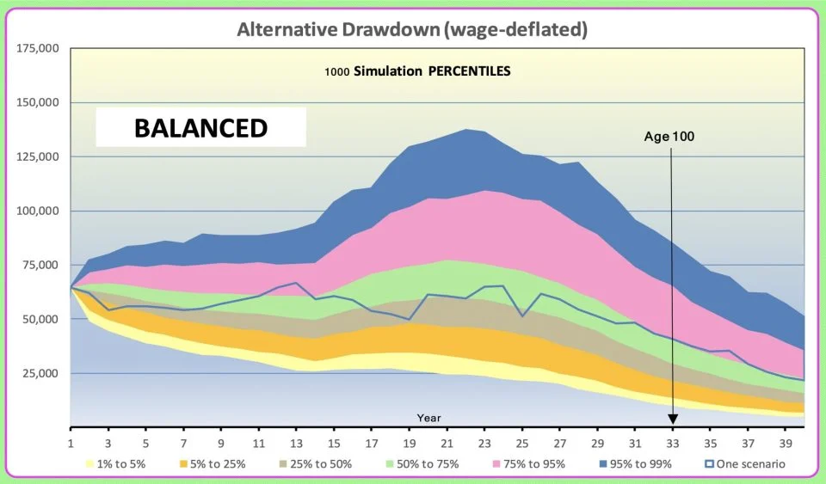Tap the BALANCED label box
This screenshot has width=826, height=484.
tap(200, 128)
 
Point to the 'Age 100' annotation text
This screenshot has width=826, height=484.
tap(670, 137)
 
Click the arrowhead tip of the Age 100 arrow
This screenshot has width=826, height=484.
tap(673, 421)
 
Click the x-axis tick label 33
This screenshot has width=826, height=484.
tap(673, 444)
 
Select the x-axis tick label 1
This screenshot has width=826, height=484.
tap(71, 444)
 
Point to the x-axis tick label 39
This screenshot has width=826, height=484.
tap(786, 444)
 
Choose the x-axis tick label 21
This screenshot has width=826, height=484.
tap(447, 444)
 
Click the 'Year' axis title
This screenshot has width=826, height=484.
tap(429, 418)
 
